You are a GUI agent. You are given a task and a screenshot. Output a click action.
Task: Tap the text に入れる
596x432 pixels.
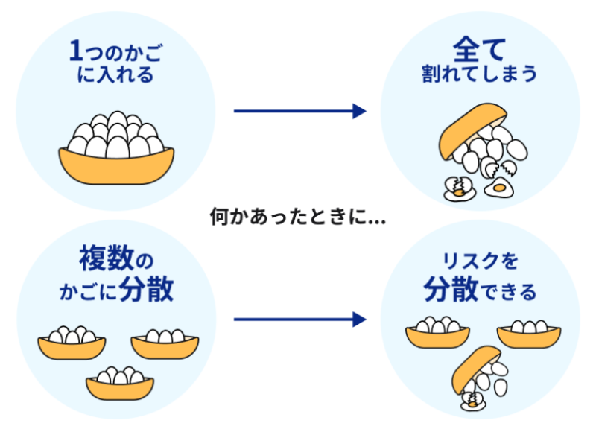pos(115,76)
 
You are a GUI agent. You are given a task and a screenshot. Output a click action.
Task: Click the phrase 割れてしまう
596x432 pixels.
pos(480,76)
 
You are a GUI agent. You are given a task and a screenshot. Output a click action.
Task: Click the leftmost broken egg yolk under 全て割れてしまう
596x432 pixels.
pos(455,189)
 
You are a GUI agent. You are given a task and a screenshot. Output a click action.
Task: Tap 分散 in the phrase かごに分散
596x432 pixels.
pos(146,290)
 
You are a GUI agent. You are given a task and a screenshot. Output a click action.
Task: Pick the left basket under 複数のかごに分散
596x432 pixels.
pos(72,347)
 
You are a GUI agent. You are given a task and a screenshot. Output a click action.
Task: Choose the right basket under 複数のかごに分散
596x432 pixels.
pos(165,346)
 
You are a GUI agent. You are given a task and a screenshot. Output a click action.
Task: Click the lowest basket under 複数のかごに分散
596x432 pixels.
pos(119,386)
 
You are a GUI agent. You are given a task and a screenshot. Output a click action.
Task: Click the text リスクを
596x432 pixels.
pos(480,262)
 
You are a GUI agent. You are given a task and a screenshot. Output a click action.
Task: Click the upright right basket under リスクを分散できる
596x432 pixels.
pos(528,337)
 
